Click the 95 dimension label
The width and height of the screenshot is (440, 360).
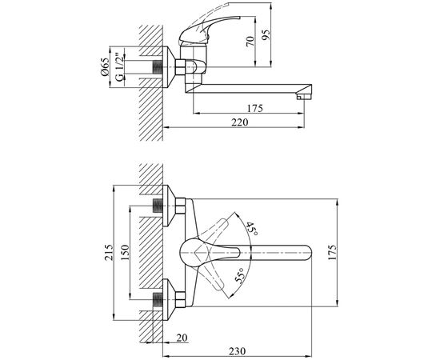click(x=266, y=34)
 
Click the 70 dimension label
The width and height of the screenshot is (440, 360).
click(x=250, y=42)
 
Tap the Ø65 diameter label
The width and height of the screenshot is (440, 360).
click(x=104, y=66)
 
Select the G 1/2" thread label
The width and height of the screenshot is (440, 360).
click(x=120, y=67)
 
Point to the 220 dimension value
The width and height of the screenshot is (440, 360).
click(x=240, y=122)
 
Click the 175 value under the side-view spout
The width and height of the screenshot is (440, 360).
click(x=254, y=108)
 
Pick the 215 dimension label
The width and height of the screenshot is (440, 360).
click(x=109, y=253)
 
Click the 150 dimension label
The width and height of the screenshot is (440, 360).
click(x=125, y=253)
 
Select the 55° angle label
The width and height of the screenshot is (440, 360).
click(x=239, y=275)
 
